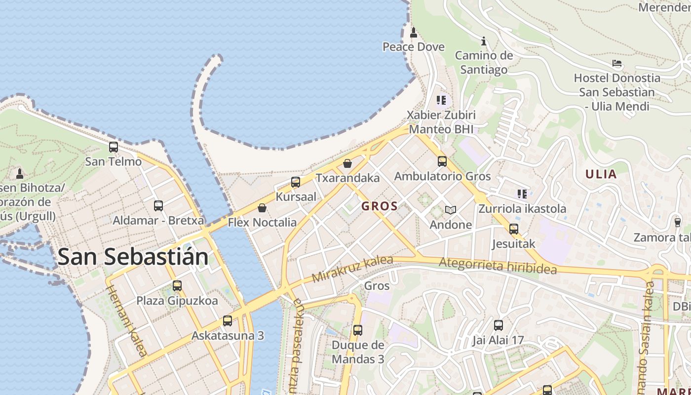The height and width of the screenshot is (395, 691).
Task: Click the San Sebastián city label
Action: (x=133, y=257)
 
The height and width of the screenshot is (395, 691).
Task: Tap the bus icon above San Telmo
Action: (x=114, y=147)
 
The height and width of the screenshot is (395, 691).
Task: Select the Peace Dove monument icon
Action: (x=414, y=33)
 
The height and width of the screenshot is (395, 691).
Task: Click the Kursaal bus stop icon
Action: (x=296, y=182)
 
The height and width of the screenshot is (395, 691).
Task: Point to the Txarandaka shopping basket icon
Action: (x=347, y=163)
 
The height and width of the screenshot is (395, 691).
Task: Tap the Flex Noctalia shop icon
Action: (x=262, y=208)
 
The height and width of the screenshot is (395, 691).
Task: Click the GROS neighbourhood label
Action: (x=380, y=206)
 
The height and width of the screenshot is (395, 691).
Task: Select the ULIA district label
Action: (x=601, y=174)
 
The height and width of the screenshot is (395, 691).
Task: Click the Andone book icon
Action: (x=450, y=210)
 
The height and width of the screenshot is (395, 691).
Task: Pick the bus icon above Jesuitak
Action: (x=514, y=229)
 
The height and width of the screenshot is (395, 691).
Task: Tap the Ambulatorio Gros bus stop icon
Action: (x=442, y=161)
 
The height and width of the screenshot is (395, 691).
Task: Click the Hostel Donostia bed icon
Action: (x=617, y=63)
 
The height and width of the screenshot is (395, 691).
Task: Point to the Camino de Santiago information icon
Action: (x=484, y=41)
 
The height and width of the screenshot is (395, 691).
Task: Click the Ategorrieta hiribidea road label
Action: (x=498, y=266)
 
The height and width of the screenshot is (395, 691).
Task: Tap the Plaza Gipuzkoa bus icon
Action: (x=177, y=285)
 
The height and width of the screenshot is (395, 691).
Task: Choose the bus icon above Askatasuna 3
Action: (x=228, y=321)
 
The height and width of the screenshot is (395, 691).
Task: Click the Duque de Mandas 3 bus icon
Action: (x=358, y=330)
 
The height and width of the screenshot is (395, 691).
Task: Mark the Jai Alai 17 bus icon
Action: (x=499, y=325)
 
